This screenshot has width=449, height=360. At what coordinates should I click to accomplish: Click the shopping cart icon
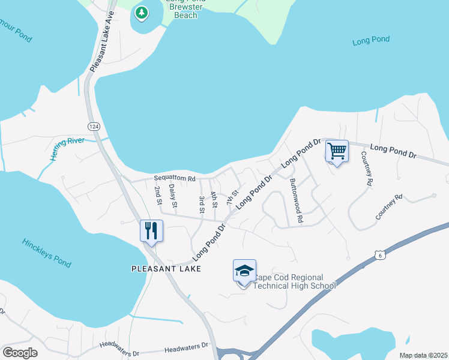pos(337,151)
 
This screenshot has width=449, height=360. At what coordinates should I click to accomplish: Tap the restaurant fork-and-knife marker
pos(151,230)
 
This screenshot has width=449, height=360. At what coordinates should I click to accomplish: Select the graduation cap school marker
pos(244,271)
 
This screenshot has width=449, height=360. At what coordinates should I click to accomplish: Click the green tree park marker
pos(142,13)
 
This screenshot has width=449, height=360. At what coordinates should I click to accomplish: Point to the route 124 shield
pos(93,127)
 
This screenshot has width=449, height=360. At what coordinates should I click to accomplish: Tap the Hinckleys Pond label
pos(46,252)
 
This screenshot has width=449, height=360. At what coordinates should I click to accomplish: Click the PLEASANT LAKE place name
pos(166,269)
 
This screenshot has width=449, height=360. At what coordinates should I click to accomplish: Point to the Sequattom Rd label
pos(175,179)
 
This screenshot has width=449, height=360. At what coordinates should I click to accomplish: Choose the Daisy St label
pos(173,196)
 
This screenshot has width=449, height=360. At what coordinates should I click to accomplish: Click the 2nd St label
pos(158,196)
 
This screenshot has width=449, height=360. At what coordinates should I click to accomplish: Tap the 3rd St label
pos(202,203)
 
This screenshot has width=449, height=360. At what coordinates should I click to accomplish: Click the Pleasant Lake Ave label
pos(102,42)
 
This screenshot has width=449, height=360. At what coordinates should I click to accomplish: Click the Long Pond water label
pos(371,40)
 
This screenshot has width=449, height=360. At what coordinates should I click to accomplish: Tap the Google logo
pos(20,353)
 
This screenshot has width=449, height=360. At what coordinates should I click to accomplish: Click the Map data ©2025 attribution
pos(424,355)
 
